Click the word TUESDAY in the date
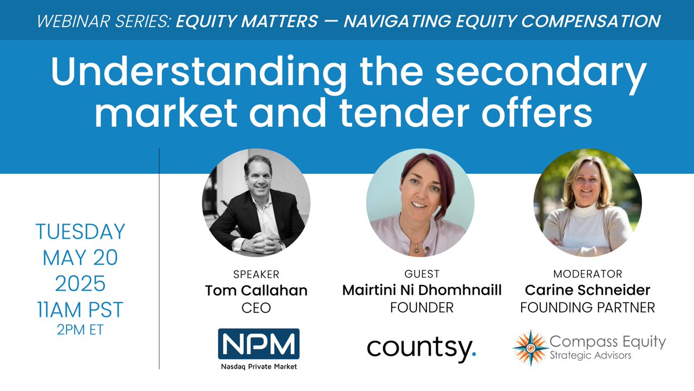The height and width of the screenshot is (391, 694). pos(80,232)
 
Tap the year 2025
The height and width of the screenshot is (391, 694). pos(80,284)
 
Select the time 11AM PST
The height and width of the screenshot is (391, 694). pos(80,310)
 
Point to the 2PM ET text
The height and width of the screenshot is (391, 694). pos(80,331)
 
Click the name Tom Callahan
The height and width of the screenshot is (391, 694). pos(256,291)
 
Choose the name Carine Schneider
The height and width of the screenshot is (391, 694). pos(587,291)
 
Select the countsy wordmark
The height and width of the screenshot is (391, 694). pos(422,348)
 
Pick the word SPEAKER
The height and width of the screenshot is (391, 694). pos(256,273)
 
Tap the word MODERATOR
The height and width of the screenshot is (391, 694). pos(587,273)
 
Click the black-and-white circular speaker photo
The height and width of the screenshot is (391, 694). pos(256,202)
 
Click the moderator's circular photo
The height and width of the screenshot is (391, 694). pos(587,202)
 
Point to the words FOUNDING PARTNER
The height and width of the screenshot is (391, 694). pos(587,308)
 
